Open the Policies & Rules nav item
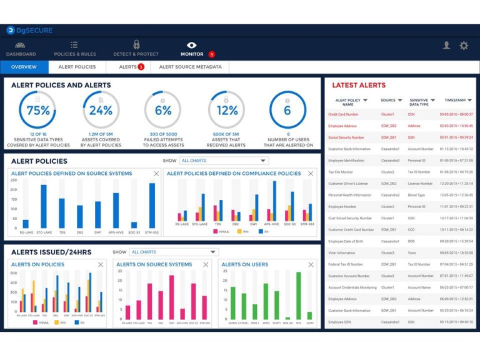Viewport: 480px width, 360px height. tap(74, 49)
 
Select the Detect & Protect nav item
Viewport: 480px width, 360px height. tap(136, 49)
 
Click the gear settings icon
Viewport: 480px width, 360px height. tap(464, 46)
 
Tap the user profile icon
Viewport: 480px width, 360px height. tap(446, 46)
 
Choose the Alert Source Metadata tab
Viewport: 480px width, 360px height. tap(190, 67)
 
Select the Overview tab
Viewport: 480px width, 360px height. tap(24, 67)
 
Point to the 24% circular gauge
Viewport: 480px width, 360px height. tap(101, 110)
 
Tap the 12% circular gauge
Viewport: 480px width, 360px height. tap(226, 110)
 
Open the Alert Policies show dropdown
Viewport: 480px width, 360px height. tap(224, 161)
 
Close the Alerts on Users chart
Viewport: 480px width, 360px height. tap(311, 264)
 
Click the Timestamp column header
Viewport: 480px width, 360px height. tap(457, 100)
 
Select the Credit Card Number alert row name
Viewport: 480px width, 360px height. tap(343, 114)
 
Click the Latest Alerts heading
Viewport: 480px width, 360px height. tap(359, 85)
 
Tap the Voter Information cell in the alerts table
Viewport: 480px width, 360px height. tap(341, 253)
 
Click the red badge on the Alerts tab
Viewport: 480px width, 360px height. tap(141, 67)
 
